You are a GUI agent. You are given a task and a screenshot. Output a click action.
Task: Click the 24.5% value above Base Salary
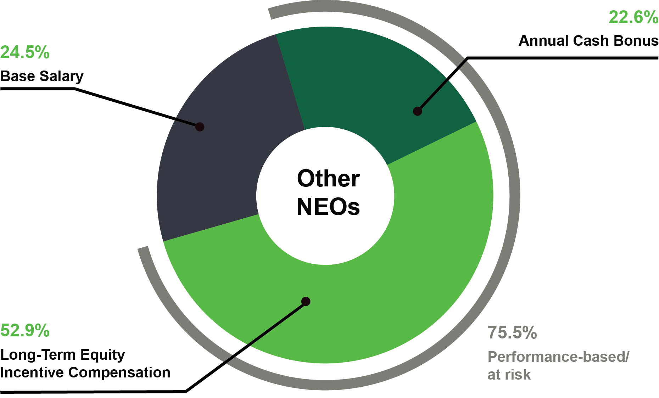25,52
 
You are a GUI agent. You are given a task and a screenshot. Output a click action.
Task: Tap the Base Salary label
42,76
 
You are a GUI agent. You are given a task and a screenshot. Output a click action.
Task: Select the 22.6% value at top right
633,17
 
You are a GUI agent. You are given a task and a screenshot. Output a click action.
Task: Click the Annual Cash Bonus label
588,41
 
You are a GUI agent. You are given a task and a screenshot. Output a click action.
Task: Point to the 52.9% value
25,330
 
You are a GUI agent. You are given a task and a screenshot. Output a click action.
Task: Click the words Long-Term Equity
63,355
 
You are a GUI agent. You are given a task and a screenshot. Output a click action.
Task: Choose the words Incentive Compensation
85,372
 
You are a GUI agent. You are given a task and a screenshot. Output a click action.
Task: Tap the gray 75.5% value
512,332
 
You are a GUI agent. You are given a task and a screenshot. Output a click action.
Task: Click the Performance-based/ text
558,357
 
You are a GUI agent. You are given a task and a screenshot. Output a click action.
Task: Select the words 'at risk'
509,375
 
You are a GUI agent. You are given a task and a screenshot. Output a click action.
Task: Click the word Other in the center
328,178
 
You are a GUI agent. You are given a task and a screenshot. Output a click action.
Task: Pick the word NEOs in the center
328,207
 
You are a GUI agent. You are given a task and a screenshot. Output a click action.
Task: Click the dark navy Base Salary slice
220,149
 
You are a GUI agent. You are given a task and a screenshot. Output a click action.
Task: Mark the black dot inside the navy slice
200,127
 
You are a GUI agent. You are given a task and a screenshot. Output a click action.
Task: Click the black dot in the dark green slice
418,111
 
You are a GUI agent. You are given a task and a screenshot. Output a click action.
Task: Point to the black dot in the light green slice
306,302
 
